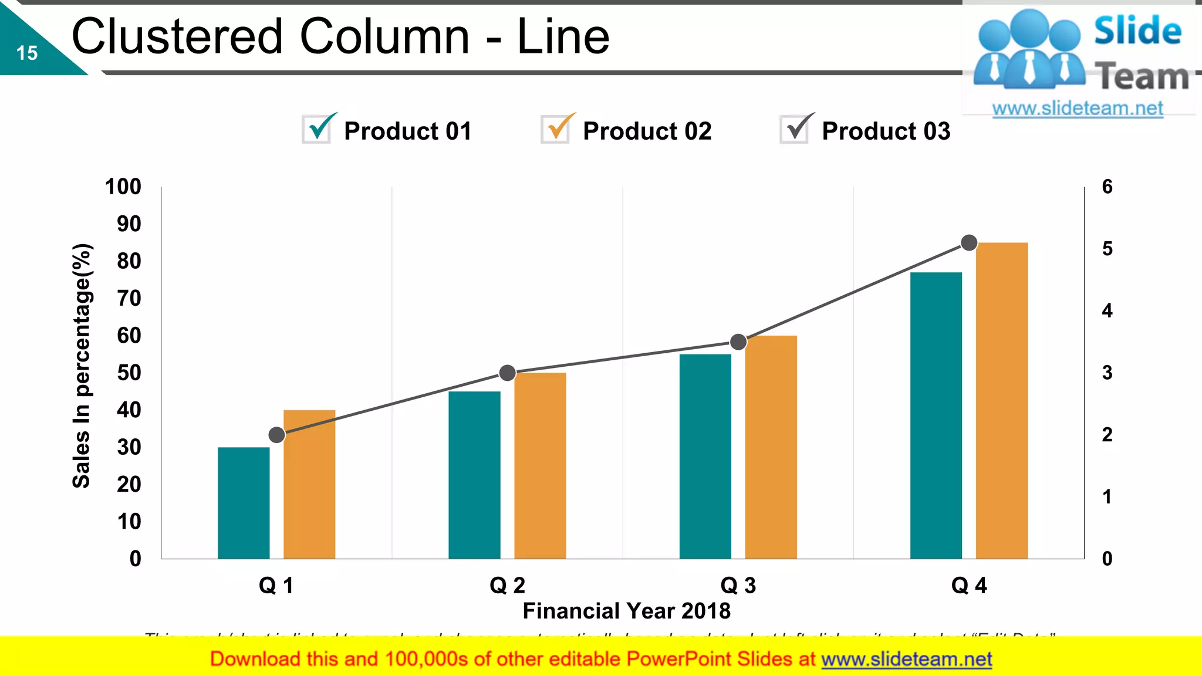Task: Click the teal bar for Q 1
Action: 244,503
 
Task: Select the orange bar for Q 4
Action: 1002,400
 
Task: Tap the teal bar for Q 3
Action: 705,456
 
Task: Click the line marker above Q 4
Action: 969,242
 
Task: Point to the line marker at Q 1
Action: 276,435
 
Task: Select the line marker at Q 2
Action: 507,373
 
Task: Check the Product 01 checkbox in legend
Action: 318,129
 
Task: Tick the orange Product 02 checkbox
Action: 556,129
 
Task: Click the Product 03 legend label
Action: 886,131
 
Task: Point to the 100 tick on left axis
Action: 123,187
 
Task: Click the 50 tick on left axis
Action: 129,373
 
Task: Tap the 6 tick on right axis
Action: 1107,187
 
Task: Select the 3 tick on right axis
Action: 1107,373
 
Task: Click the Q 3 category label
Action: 738,585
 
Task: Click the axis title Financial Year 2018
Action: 626,611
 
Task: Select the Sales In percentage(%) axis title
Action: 82,366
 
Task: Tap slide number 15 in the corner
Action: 27,53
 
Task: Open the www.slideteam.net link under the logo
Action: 1077,108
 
